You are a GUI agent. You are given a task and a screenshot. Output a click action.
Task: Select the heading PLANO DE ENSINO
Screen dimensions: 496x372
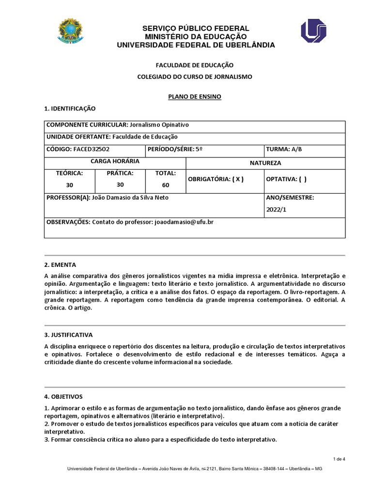pos(194,96)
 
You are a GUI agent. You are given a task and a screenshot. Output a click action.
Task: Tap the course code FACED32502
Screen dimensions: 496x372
pos(94,149)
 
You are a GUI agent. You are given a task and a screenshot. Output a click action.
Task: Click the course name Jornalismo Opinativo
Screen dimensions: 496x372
pos(159,125)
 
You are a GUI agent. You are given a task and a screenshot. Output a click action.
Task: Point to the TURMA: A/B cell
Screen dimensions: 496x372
pos(284,149)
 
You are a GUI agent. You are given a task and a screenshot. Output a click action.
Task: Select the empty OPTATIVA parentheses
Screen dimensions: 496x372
pos(302,179)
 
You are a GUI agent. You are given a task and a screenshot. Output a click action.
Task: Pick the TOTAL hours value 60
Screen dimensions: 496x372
pos(166,185)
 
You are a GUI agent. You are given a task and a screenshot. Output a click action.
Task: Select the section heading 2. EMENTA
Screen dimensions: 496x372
pos(60,265)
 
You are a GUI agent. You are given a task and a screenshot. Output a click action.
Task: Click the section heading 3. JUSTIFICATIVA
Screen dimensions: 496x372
pos(68,335)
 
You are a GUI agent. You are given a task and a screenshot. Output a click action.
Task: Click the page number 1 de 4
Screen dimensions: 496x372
pos(339,459)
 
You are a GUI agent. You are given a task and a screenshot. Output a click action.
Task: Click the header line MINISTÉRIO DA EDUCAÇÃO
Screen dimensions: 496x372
pos(196,37)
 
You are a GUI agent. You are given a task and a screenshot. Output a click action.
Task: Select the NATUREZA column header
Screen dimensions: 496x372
pos(265,163)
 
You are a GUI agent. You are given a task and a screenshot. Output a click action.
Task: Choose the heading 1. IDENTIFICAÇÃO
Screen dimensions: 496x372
pos(70,108)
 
